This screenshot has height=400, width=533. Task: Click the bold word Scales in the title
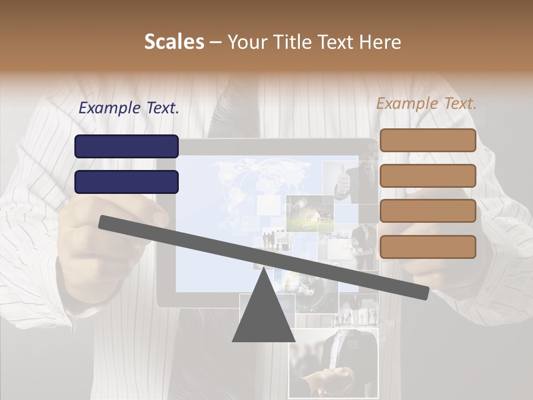click(x=174, y=42)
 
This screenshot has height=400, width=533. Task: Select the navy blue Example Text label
click(x=129, y=108)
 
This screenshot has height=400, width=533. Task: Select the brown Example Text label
click(x=426, y=103)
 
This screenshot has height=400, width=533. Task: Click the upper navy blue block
click(x=127, y=146)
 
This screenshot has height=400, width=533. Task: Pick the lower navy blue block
click(x=127, y=182)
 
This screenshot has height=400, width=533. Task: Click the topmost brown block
click(x=428, y=141)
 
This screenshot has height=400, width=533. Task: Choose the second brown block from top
click(x=428, y=176)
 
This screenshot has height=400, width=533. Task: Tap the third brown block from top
click(x=428, y=211)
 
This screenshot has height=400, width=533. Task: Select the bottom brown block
click(x=428, y=247)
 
